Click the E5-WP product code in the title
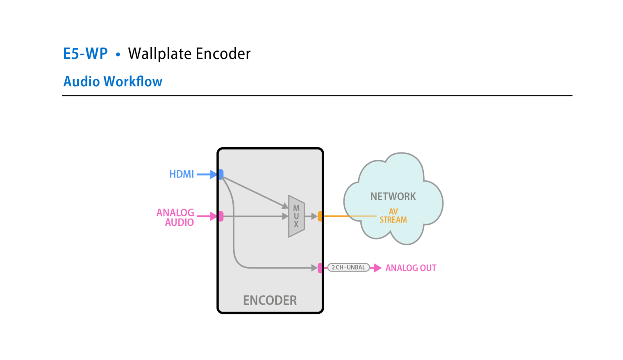pyautogui.click(x=85, y=54)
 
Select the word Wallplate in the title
pyautogui.click(x=159, y=54)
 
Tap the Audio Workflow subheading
pyautogui.click(x=113, y=82)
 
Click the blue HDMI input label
pyautogui.click(x=182, y=174)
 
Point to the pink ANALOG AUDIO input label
pyautogui.click(x=176, y=217)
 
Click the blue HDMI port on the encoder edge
pyautogui.click(x=221, y=174)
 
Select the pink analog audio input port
pyautogui.click(x=221, y=216)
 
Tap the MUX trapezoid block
pyautogui.click(x=296, y=216)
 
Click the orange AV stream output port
pyautogui.click(x=320, y=216)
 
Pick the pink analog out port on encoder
pyautogui.click(x=320, y=268)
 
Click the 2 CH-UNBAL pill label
pyautogui.click(x=348, y=268)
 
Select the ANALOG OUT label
pyautogui.click(x=411, y=268)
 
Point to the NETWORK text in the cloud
pyautogui.click(x=393, y=197)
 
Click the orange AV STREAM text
pyautogui.click(x=393, y=216)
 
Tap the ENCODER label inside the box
pyautogui.click(x=270, y=301)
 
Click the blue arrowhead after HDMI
pyautogui.click(x=213, y=174)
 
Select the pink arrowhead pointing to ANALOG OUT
pyautogui.click(x=377, y=268)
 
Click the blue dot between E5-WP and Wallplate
pyautogui.click(x=118, y=55)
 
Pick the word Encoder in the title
pyautogui.click(x=223, y=54)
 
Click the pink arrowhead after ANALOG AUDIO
pyautogui.click(x=213, y=216)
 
